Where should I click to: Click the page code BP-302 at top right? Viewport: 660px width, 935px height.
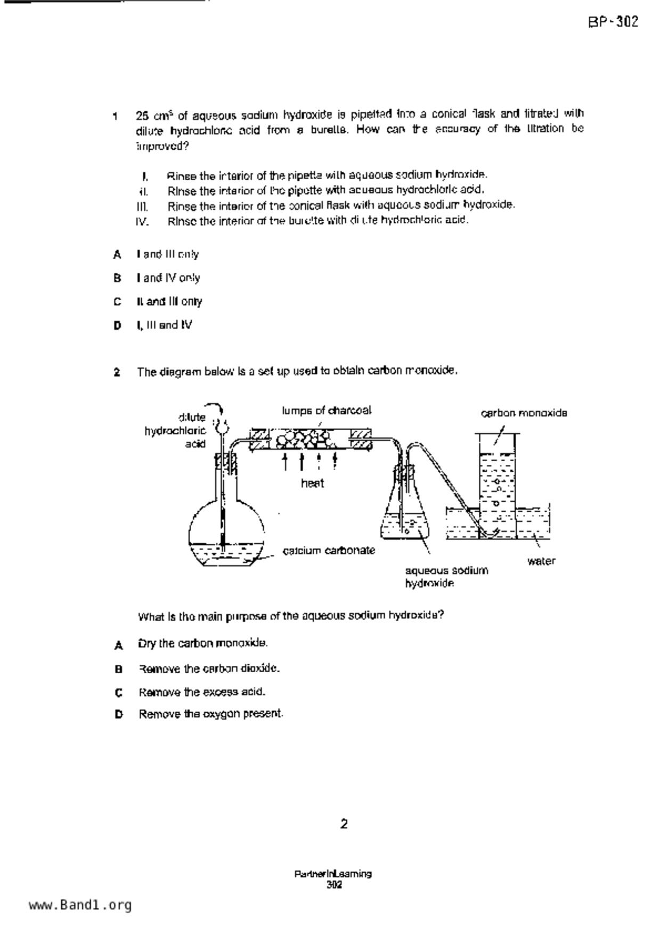tap(613, 22)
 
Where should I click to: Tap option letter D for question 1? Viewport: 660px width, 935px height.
tap(117, 325)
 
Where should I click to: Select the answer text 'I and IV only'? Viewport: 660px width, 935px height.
tap(168, 278)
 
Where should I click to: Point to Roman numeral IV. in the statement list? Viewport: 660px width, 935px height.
tap(142, 221)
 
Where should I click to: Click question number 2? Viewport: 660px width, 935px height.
tap(117, 372)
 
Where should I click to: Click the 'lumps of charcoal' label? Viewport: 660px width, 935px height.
tap(326, 410)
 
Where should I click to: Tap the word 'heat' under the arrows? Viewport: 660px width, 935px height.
tap(312, 483)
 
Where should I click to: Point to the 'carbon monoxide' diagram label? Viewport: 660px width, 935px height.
tap(524, 413)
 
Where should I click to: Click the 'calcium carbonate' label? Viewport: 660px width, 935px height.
tap(329, 550)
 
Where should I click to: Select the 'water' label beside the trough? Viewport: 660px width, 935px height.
tap(541, 561)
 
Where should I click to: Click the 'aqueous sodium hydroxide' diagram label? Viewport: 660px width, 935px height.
tap(446, 577)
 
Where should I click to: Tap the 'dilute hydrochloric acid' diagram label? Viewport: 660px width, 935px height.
tap(176, 430)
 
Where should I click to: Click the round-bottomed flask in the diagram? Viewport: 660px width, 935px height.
tap(226, 533)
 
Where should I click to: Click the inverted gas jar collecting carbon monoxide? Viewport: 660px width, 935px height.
tap(498, 480)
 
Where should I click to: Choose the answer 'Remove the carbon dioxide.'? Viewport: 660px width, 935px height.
tap(209, 668)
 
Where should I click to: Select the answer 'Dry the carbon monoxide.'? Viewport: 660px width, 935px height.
tap(202, 643)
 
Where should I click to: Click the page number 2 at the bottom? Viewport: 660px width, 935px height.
tap(344, 824)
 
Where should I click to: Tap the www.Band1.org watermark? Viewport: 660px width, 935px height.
tap(80, 905)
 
